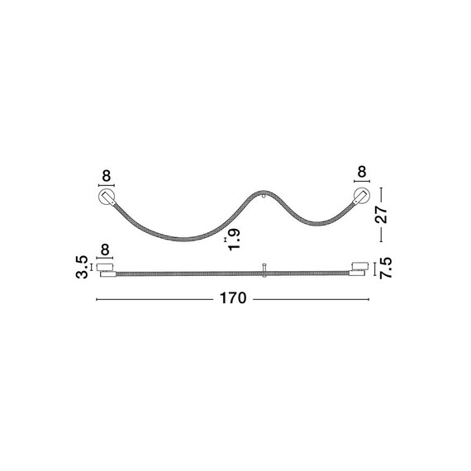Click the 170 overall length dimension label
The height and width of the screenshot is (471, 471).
[x=233, y=298]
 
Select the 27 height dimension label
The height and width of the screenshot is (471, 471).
[x=382, y=215]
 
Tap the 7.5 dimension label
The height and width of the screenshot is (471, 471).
[x=386, y=268]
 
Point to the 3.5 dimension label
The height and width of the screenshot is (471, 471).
[x=82, y=267]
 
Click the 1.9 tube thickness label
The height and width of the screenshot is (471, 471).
[x=234, y=240]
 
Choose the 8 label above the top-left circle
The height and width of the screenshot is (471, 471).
[x=107, y=176]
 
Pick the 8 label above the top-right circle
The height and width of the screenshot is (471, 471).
[x=362, y=172]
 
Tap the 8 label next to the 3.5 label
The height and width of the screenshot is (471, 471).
[x=105, y=250]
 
